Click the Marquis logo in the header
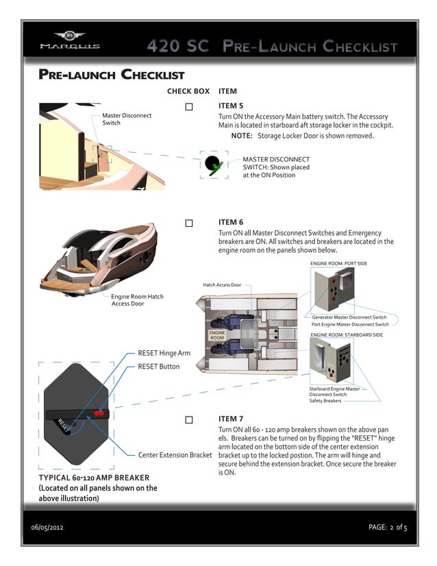coord(69,40)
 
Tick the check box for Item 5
coord(189,107)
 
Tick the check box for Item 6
coord(189,223)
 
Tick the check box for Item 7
coord(189,419)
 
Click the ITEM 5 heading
coord(231,106)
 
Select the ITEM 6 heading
coord(231,222)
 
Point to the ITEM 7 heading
coord(231,418)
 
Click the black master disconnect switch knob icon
coord(213,163)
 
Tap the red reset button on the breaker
coord(100,414)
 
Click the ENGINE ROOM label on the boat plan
coord(217,334)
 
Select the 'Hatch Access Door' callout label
coord(222,285)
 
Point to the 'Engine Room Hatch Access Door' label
coord(137,299)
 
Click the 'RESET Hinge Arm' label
coord(164,353)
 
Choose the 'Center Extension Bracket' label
coord(175,454)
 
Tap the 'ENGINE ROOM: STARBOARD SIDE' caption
coord(346,334)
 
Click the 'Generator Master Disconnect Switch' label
coord(349,317)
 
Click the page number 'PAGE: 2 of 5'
coord(388,528)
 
